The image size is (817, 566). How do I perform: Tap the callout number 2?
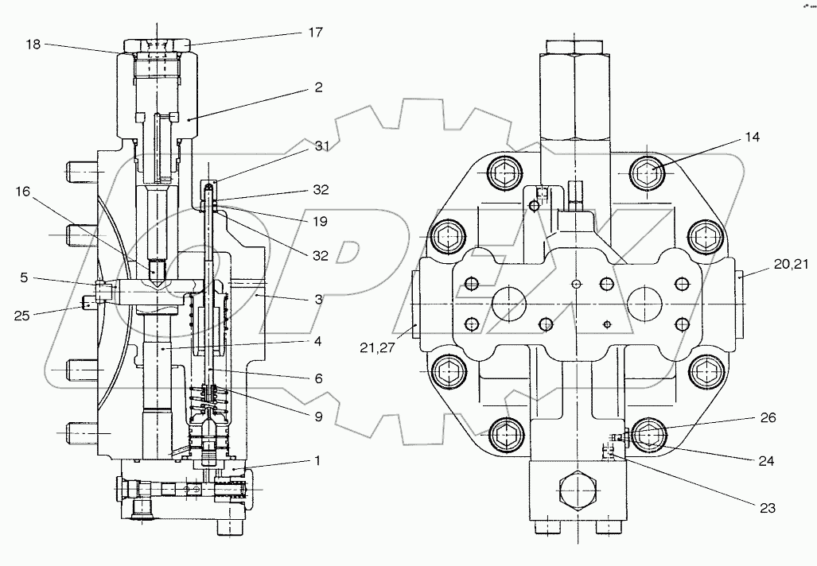coord(318,88)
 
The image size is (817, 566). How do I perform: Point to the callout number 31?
coord(321,145)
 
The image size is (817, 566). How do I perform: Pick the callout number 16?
coord(22,192)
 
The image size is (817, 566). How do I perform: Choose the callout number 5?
coord(24,277)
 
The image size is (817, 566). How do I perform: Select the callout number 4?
coord(317,342)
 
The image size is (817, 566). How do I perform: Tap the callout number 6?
coord(318,379)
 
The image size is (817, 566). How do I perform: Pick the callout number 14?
coord(753,138)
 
